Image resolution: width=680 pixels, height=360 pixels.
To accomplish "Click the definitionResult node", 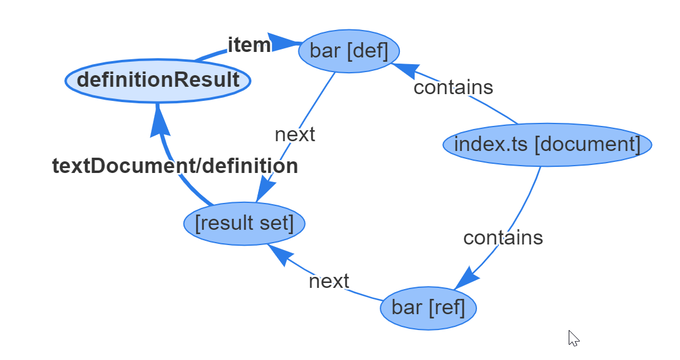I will [x=158, y=80].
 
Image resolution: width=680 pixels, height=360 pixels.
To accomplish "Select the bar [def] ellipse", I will [x=349, y=51].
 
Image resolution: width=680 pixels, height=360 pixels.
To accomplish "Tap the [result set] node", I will [x=244, y=223].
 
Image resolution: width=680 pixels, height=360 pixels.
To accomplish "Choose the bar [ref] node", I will [x=428, y=307].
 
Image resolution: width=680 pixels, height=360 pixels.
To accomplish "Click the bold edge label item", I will [x=249, y=45].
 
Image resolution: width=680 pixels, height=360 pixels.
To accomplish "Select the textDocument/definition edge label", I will [x=175, y=166].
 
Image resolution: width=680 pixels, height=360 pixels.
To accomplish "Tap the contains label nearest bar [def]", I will [x=453, y=87].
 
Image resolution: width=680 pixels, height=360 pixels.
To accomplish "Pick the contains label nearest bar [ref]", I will [x=503, y=238].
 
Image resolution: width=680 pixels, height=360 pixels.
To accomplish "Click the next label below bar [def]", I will [x=295, y=134].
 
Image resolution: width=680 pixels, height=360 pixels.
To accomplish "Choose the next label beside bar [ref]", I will [x=329, y=281].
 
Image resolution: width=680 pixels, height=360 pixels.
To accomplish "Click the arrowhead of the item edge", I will [x=283, y=43].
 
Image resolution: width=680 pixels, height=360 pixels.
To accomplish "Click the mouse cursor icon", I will [x=573, y=338].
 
